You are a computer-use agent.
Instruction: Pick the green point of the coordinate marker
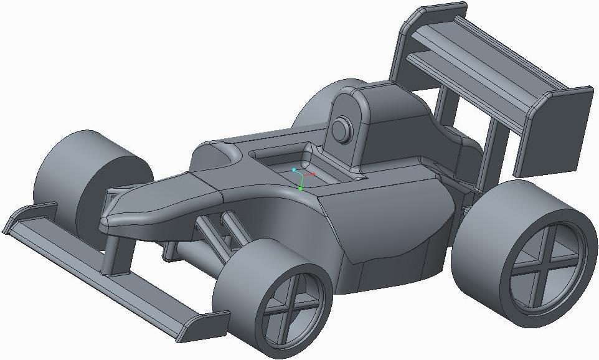300,188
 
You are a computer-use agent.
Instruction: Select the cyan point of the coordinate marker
294,169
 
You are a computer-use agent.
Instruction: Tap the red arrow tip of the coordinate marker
314,174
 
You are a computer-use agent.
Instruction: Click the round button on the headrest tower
341,130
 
